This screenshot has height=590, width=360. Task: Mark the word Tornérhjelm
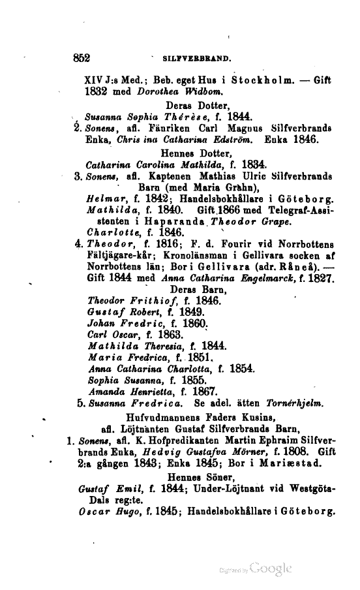tap(228, 403)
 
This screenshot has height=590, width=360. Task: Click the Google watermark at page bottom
tap(269, 568)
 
